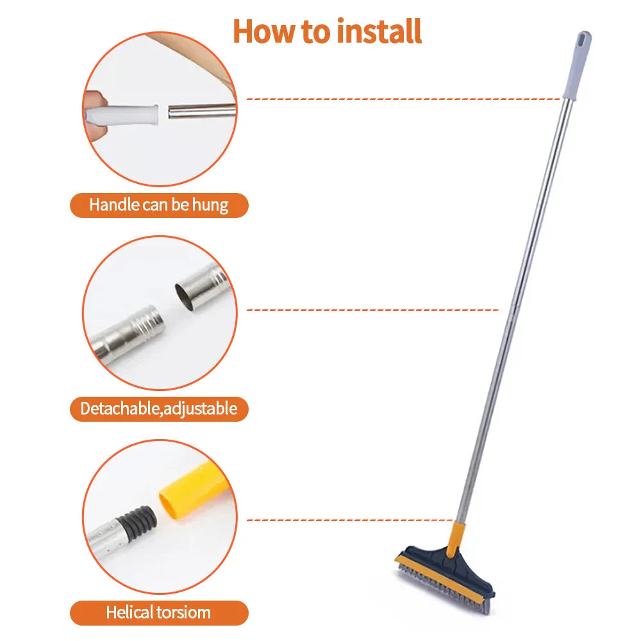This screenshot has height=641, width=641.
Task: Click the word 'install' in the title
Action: [375, 31]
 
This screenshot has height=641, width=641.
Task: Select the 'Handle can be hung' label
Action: [158, 205]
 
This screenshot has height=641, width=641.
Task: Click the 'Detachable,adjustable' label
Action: [158, 408]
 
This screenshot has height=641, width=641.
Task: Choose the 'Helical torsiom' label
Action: [158, 612]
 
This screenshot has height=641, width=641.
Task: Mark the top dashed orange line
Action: [404, 99]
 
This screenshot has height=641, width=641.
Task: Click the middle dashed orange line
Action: [372, 310]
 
